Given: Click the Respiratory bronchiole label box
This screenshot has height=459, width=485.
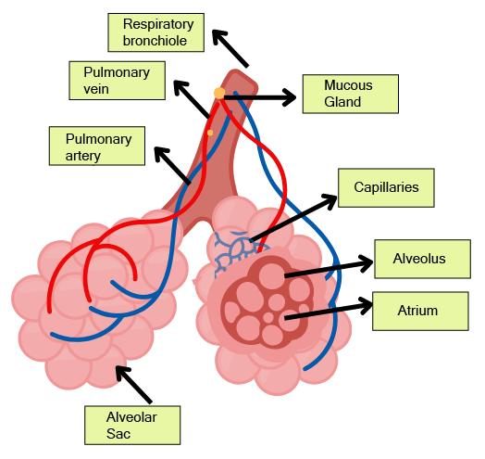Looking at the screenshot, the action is [155, 32].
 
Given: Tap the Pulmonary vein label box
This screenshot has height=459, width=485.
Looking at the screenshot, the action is [117, 81].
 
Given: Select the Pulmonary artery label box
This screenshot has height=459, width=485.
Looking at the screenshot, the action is [97, 146].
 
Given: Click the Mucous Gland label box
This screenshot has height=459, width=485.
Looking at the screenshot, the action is [351, 94].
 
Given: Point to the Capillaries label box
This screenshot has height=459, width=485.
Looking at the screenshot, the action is [386, 188].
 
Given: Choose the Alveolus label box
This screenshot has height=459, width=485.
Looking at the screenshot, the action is [422, 259].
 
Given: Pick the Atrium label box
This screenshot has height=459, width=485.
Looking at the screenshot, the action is [420, 311].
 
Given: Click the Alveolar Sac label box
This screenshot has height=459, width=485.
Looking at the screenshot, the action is [132, 426].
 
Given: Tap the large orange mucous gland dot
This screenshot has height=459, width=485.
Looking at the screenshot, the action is [219, 93].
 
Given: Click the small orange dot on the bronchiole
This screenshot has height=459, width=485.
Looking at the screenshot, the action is [210, 133].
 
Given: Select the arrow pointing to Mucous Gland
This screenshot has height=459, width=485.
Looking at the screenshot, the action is [260, 97].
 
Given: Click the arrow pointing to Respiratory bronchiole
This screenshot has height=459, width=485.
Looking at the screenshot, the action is [230, 48].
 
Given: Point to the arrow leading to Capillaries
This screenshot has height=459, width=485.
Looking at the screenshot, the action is [293, 218].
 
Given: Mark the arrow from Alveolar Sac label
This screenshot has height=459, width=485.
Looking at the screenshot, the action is [133, 384].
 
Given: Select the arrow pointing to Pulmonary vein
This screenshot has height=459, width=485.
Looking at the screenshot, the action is [192, 99].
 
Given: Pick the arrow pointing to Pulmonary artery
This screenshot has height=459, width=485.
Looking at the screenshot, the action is [172, 165].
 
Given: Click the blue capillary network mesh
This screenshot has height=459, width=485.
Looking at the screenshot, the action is [236, 252].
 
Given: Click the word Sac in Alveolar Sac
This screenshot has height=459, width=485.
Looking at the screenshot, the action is [118, 434].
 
